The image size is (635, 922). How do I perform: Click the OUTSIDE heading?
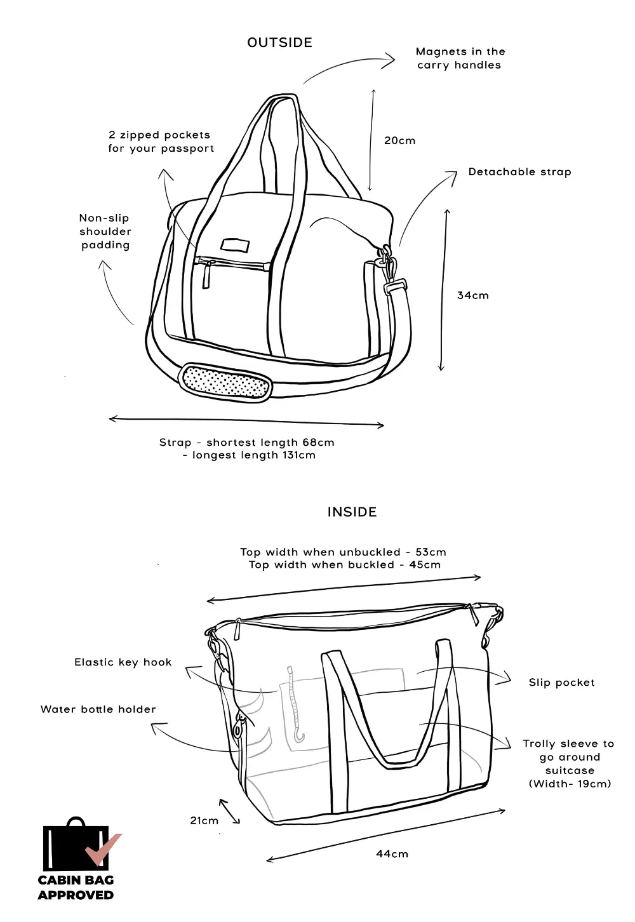[279, 43]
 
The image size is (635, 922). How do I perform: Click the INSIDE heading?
[352, 512]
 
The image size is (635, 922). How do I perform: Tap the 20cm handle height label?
[399, 140]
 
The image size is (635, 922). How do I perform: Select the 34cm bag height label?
[473, 295]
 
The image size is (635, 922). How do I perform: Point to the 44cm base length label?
[392, 854]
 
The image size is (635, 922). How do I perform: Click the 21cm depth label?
[204, 820]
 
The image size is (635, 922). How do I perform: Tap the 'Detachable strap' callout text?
[519, 172]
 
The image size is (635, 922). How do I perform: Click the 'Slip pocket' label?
[561, 683]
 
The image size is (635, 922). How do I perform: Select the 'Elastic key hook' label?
[123, 662]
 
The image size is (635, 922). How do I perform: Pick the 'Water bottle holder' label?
[98, 709]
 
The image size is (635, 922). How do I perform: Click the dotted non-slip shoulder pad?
[225, 382]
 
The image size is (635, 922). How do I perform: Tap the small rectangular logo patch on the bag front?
[235, 245]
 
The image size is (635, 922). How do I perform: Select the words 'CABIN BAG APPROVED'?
[76, 887]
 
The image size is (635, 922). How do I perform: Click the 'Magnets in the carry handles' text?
[460, 58]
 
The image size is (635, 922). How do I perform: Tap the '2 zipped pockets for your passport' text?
[161, 142]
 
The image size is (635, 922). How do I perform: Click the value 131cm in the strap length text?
[298, 455]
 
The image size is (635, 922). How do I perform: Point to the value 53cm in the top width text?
[431, 552]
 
